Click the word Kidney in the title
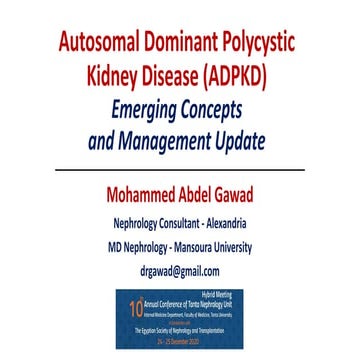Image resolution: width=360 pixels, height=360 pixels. [121, 78]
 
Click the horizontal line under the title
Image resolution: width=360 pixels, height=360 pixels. [180, 170]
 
